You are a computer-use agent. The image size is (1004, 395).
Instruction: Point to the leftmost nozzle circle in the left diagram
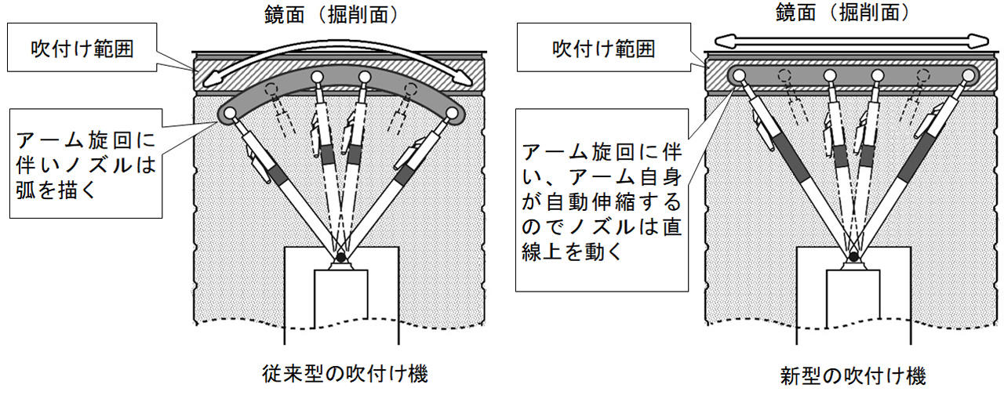[227, 114]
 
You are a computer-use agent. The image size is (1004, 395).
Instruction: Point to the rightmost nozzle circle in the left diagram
[453, 114]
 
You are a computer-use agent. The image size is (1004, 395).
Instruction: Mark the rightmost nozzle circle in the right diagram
[970, 76]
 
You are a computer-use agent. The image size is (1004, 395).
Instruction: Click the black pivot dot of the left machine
[340, 256]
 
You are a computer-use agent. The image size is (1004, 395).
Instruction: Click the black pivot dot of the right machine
[853, 256]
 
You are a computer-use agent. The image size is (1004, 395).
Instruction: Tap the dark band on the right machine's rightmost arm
[919, 158]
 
